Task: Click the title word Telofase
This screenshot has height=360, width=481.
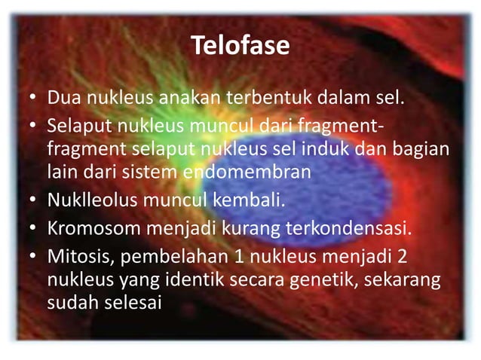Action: point(240,46)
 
